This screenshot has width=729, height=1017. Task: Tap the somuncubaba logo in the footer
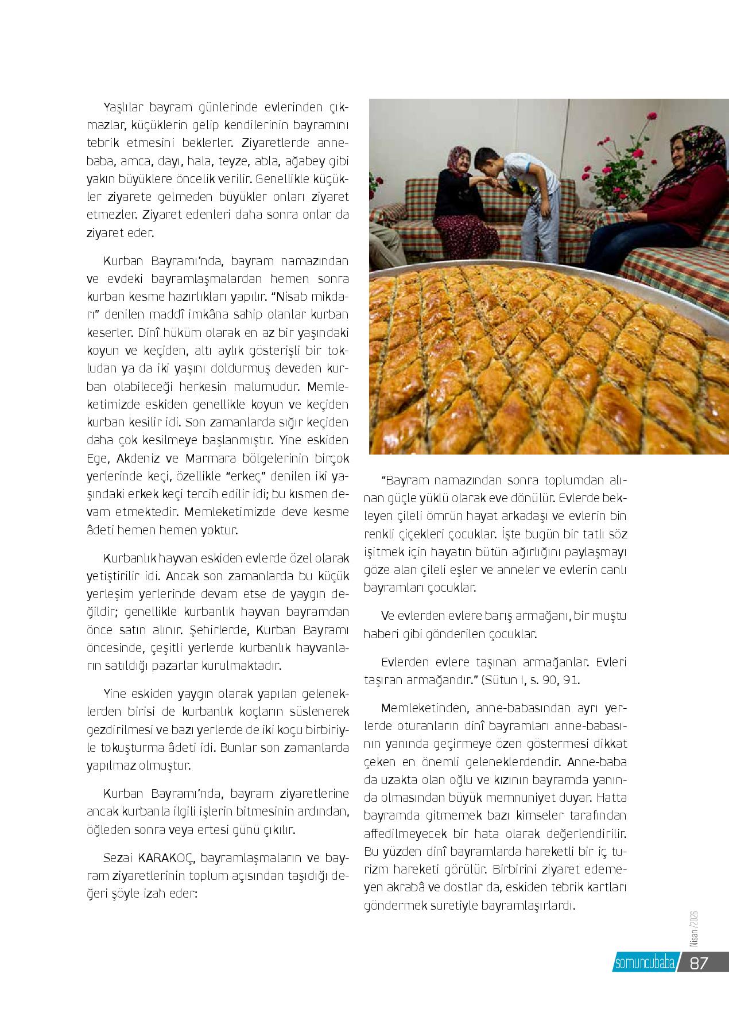click(x=643, y=963)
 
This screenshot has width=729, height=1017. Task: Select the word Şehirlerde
click(x=218, y=630)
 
